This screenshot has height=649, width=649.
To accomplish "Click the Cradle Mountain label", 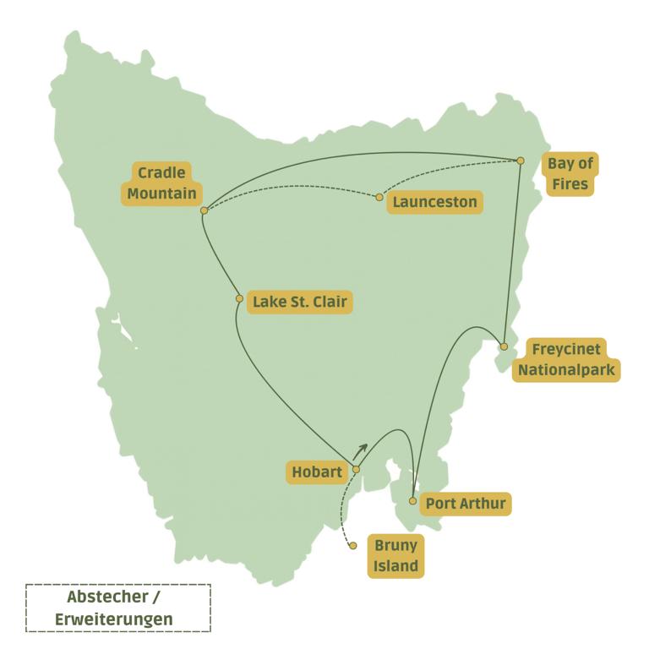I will (x=161, y=183).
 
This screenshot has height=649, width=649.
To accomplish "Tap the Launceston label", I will (x=435, y=202).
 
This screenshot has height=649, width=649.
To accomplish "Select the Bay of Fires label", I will (x=570, y=174).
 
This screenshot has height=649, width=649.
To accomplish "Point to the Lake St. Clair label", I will (x=299, y=302).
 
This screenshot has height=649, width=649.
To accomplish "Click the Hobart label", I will (x=317, y=472).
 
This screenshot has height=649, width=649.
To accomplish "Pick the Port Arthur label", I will (x=466, y=504).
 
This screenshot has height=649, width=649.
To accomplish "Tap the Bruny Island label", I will (x=395, y=555).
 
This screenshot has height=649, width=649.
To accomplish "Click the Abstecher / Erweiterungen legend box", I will (x=118, y=608).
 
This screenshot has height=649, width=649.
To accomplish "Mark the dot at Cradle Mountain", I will (x=205, y=210).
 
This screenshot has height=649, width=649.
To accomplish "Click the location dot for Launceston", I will (x=379, y=198).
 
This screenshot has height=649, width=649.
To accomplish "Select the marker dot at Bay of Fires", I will (x=521, y=161).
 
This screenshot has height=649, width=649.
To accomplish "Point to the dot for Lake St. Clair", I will (x=239, y=299).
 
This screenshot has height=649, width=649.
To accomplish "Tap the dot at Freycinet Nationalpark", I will (x=504, y=346).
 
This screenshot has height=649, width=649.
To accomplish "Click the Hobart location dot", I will (x=356, y=469).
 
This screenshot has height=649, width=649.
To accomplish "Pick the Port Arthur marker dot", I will (x=412, y=501).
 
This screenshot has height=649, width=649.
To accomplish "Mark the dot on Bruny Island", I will (x=353, y=546).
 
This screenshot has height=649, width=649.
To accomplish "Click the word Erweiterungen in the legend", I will (x=114, y=619).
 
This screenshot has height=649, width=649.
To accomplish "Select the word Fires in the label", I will (x=570, y=185).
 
